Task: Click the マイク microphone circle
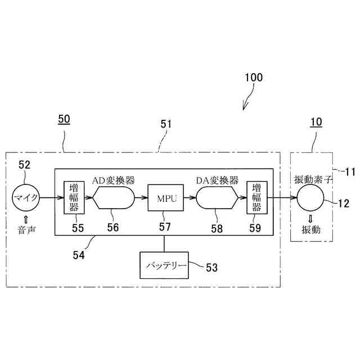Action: [26, 197]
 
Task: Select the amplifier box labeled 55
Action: [74, 197]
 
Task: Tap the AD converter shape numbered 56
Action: [114, 197]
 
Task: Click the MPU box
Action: [164, 197]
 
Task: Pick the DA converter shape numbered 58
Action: [217, 197]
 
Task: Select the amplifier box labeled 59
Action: [256, 197]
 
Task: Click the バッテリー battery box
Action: [164, 265]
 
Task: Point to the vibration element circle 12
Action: [310, 197]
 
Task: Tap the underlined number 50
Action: [64, 120]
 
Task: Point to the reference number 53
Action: [211, 267]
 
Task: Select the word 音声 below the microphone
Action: [25, 231]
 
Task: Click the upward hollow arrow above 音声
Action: [25, 218]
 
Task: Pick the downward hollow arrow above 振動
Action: [310, 218]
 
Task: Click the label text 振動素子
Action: [315, 180]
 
